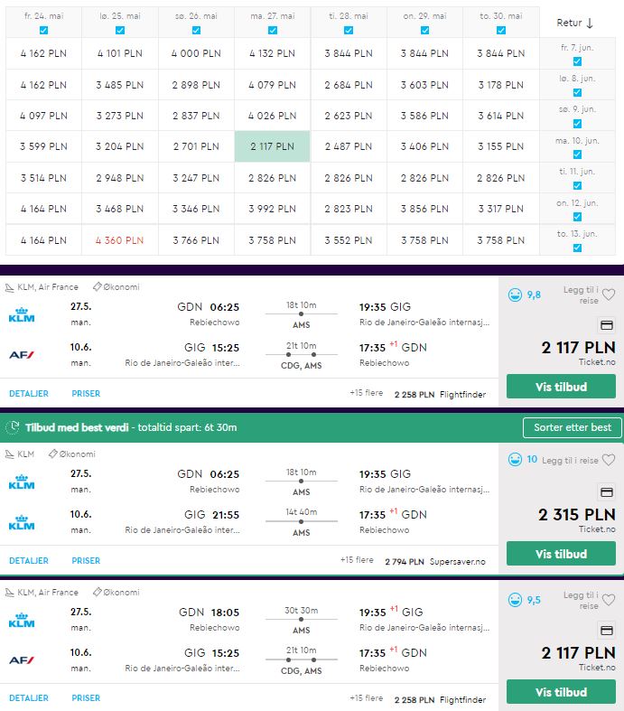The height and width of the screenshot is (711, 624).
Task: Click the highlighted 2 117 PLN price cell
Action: (273, 146)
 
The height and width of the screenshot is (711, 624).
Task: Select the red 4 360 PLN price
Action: (119, 240)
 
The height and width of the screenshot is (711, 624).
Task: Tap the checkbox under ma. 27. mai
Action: (273, 30)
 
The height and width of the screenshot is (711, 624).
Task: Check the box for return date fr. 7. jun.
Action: (577, 61)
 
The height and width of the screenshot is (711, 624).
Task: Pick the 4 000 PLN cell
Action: (196, 53)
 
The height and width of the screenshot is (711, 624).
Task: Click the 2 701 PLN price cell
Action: (196, 146)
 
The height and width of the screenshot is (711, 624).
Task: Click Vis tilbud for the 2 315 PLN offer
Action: (561, 554)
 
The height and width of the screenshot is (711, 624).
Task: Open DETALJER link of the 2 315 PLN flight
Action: (29, 560)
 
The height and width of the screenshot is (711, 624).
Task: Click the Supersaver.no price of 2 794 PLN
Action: (435, 562)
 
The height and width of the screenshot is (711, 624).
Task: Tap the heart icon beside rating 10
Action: (609, 460)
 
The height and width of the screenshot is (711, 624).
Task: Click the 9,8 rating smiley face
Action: (515, 295)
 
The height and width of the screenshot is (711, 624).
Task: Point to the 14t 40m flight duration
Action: (302, 512)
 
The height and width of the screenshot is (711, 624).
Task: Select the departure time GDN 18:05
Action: (209, 613)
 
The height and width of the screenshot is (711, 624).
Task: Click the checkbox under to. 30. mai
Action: (501, 30)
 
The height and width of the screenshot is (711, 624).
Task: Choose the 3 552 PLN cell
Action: (348, 240)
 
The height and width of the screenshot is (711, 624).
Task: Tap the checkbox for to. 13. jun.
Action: (577, 248)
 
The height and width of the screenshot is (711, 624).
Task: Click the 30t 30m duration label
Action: (302, 611)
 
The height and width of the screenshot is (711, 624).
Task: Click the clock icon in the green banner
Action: (14, 427)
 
